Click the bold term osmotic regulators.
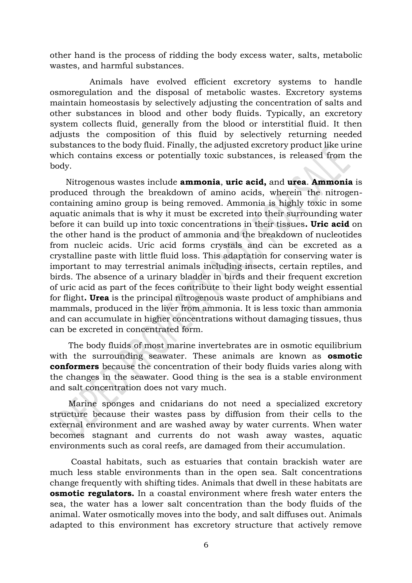click(92, 493)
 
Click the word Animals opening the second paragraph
click(106, 82)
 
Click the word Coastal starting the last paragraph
click(86, 462)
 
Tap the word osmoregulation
click(81, 92)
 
